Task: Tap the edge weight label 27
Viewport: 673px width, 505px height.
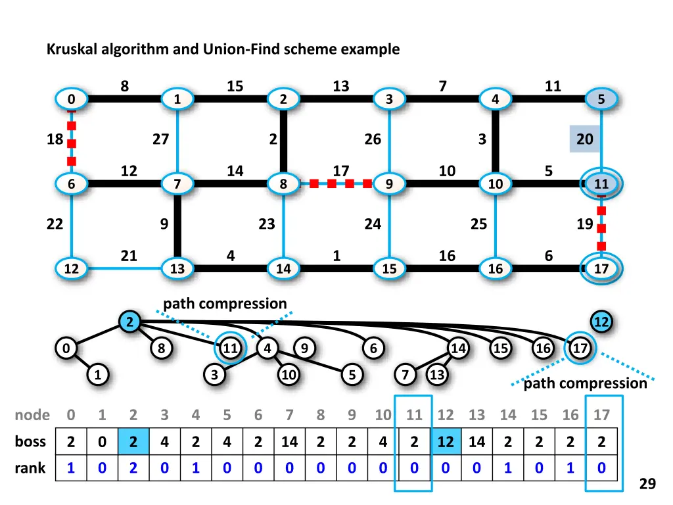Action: coord(160,139)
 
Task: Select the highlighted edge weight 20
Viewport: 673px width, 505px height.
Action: coord(585,139)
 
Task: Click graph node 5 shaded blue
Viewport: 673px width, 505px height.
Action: coord(601,100)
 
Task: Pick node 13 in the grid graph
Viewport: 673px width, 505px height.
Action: coord(177,269)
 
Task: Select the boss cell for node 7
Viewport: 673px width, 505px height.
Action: coord(289,443)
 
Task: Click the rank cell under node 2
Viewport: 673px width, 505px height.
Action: coord(133,468)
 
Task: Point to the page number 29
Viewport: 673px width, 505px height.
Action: coord(647,484)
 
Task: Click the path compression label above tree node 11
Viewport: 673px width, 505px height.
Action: coord(225,304)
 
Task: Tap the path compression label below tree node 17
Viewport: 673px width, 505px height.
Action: coord(585,383)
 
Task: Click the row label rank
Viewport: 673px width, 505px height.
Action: coord(30,468)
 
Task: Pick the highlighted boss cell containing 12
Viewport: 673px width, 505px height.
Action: coord(446,443)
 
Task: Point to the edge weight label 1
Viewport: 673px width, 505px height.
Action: coord(336,256)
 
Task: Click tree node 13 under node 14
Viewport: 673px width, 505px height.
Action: coord(436,375)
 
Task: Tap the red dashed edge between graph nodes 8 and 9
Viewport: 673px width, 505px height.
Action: coord(336,184)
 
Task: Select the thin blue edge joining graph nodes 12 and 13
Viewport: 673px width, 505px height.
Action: coord(125,269)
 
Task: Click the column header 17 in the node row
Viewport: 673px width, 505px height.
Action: coord(601,415)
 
